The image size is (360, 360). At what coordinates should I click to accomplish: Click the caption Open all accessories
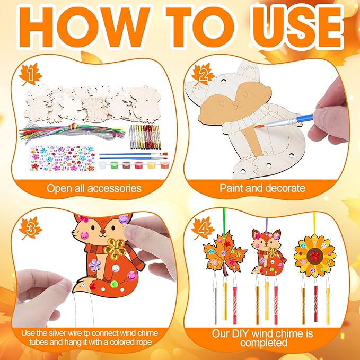point(93,188)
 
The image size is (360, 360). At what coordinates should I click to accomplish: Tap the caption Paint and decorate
point(262,188)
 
